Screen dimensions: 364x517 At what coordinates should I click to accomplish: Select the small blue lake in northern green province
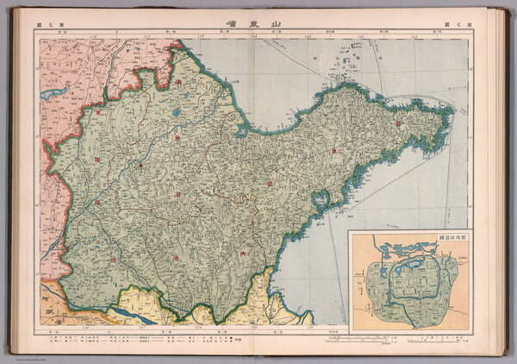coord(176,111)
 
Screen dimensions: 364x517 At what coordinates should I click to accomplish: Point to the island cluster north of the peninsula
coord(346,60)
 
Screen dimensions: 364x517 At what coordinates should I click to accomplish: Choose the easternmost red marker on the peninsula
coord(397,124)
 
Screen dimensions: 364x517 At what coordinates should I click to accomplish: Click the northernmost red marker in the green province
coord(178,83)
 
